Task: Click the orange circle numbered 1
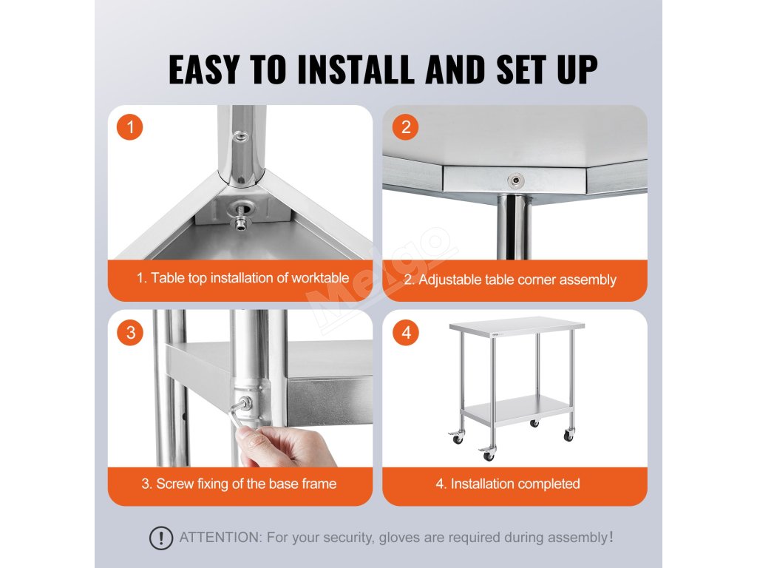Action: pyautogui.click(x=130, y=127)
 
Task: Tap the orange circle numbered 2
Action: pyautogui.click(x=406, y=127)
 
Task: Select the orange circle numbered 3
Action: pyautogui.click(x=130, y=332)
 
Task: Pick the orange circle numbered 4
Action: pyautogui.click(x=406, y=332)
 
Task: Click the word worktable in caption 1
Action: pyautogui.click(x=320, y=278)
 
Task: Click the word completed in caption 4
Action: pyautogui.click(x=549, y=484)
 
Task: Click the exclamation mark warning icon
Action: pyautogui.click(x=160, y=538)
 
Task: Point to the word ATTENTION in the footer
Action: pyautogui.click(x=220, y=537)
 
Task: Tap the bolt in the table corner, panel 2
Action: pyautogui.click(x=516, y=180)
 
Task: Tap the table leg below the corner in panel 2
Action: pyautogui.click(x=513, y=227)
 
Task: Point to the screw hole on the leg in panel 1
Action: pyautogui.click(x=240, y=137)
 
